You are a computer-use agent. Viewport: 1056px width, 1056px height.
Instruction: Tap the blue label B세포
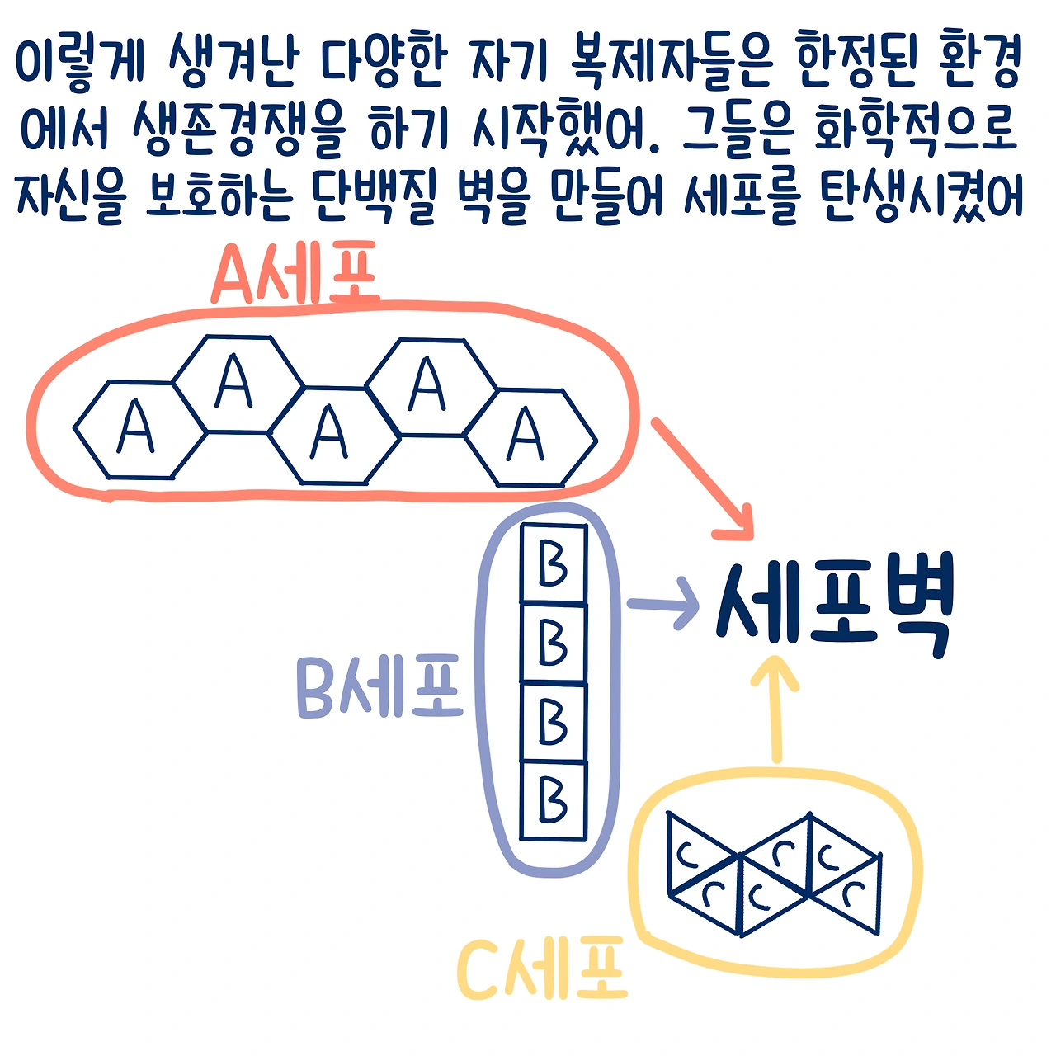point(379,686)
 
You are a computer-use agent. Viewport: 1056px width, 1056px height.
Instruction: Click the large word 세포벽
point(834,606)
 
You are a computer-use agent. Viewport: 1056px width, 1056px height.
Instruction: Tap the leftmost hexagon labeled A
point(139,429)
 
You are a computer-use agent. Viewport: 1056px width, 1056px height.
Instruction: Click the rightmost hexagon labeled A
point(529,436)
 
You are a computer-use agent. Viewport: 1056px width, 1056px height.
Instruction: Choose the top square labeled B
point(554,565)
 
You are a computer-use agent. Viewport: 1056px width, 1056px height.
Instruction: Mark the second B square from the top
point(554,643)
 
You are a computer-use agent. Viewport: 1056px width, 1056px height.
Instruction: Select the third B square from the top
point(554,722)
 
